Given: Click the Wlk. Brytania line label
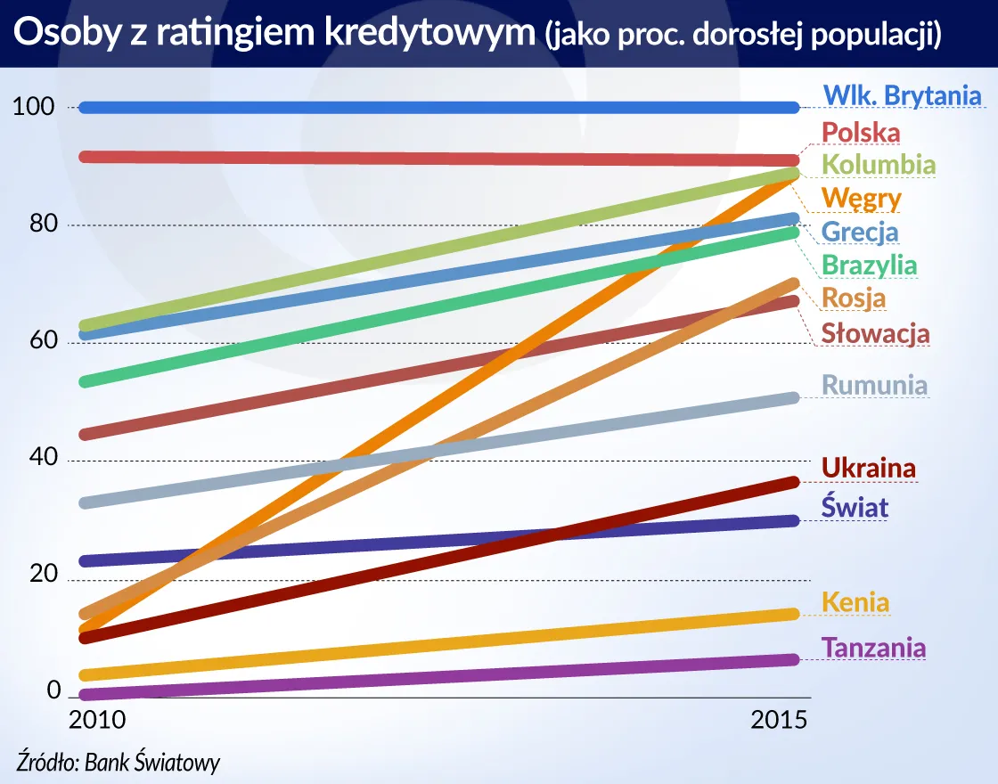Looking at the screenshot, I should tap(902, 96).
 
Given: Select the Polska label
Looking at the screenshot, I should tap(861, 133).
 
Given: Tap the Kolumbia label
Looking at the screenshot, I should tap(878, 165).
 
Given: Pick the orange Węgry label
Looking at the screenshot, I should tap(861, 198).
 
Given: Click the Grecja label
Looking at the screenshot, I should tap(859, 232).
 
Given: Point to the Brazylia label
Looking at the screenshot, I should tap(869, 265).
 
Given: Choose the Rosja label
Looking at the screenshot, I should tap(854, 298).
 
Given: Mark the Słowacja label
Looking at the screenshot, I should tap(875, 334).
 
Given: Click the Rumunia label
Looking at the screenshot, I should tap(874, 386).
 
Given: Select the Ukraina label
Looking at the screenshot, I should tap(868, 468).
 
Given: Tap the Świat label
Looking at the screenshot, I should tap(855, 508).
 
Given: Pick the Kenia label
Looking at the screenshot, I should tap(855, 602).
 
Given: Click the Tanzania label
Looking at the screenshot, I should tap(873, 648).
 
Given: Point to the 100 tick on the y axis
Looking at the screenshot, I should tap(35, 107).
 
